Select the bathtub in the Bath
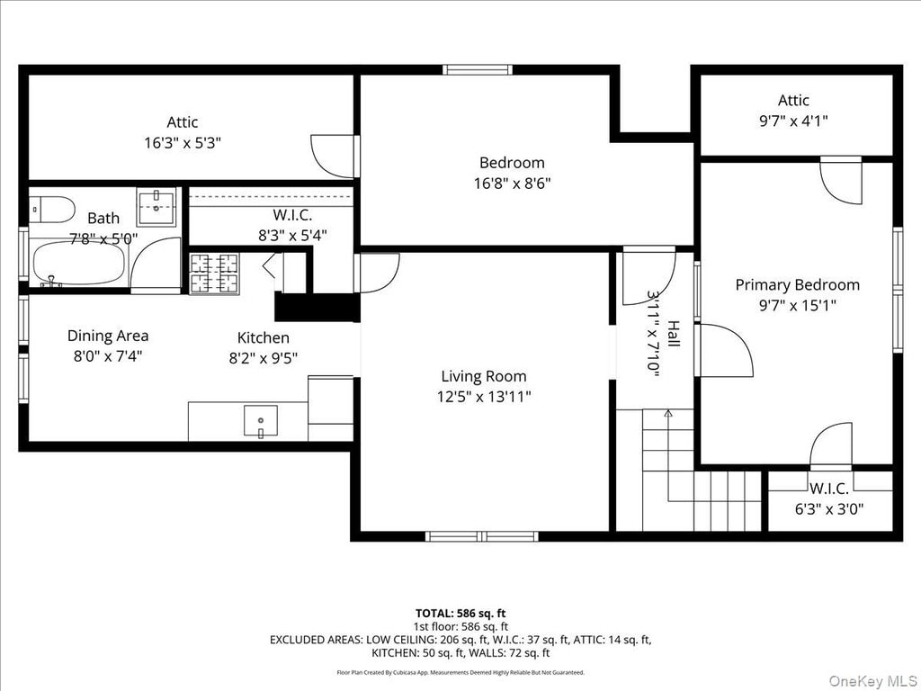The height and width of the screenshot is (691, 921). pyautogui.click(x=79, y=264)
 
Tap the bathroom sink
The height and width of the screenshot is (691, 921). pyautogui.click(x=156, y=207)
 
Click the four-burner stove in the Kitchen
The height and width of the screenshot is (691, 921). pyautogui.click(x=214, y=274)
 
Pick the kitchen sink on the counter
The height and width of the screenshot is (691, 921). pyautogui.click(x=261, y=421)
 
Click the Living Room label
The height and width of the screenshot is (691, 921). pyautogui.click(x=483, y=376)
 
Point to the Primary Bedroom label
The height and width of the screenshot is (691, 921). pyautogui.click(x=797, y=285)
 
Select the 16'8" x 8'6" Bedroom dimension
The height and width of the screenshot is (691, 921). pyautogui.click(x=512, y=184)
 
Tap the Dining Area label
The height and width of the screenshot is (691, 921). pyautogui.click(x=108, y=336)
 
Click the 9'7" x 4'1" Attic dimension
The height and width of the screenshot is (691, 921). pyautogui.click(x=793, y=121)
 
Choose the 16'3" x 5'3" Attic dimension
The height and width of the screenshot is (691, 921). pyautogui.click(x=183, y=143)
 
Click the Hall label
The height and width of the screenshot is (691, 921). pyautogui.click(x=673, y=334)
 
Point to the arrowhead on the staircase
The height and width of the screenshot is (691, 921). pyautogui.click(x=668, y=414)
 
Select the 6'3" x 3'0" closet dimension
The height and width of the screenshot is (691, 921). pyautogui.click(x=828, y=509)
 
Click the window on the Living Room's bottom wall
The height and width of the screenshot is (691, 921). pyautogui.click(x=482, y=536)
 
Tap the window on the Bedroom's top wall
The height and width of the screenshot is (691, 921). pyautogui.click(x=478, y=70)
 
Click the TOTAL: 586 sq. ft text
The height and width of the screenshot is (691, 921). pyautogui.click(x=460, y=614)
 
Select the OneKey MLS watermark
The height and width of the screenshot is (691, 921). pyautogui.click(x=872, y=681)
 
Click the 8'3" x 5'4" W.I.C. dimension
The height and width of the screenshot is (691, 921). pyautogui.click(x=292, y=236)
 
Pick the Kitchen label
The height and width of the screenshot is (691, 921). pyautogui.click(x=264, y=338)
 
